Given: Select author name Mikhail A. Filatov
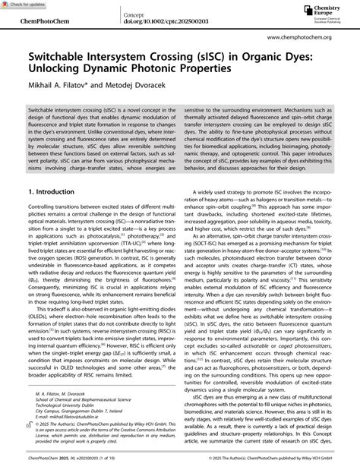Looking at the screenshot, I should [58, 87].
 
